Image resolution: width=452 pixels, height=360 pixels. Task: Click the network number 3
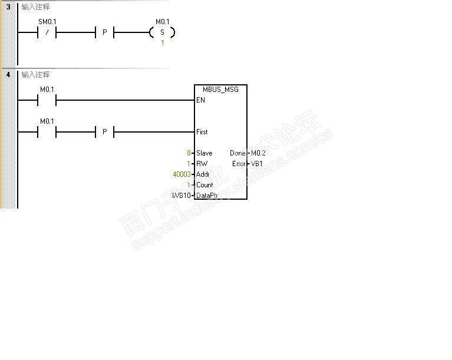pos(8,7)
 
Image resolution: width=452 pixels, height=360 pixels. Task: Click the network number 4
pos(8,75)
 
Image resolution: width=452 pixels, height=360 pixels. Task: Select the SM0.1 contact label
pos(47,22)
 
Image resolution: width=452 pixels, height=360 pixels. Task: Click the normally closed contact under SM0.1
pos(47,32)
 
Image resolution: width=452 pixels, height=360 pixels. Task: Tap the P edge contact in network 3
pos(104,32)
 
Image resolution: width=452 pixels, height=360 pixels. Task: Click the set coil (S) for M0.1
pos(163,32)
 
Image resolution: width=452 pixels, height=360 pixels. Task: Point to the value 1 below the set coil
pos(163,43)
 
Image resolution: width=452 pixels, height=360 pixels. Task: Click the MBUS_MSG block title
pos(220,90)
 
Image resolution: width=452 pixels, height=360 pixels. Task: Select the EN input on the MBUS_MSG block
pos(200,100)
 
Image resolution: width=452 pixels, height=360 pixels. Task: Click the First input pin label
pos(202,132)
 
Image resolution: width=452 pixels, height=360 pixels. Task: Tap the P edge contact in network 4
pos(104,132)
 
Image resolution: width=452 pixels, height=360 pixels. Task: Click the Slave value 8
pos(189,153)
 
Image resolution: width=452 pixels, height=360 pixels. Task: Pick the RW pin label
pos(202,164)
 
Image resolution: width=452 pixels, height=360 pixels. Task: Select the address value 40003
pos(181,174)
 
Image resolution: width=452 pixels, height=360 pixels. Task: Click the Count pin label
pos(204,185)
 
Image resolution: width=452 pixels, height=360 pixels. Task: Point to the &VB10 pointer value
pos(181,196)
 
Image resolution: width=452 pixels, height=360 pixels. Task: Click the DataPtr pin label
pos(207,196)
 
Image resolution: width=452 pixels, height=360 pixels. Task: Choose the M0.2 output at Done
pos(258,153)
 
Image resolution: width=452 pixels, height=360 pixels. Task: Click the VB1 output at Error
pos(257,164)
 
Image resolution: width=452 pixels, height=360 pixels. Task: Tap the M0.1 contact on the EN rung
pos(47,100)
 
